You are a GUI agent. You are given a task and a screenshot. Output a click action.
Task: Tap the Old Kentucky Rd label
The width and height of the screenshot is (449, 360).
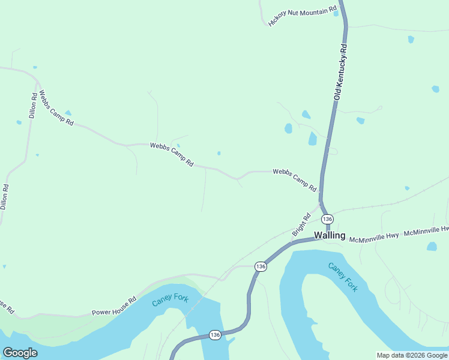(x=341, y=71)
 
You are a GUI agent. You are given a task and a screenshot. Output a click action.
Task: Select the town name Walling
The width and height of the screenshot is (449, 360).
(x=330, y=235)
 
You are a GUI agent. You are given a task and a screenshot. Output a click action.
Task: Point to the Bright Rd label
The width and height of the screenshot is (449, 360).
(x=301, y=224)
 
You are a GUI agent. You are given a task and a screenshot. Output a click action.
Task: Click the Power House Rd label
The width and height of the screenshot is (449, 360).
(x=114, y=305)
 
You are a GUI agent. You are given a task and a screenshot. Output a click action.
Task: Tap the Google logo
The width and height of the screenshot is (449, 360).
(x=20, y=353)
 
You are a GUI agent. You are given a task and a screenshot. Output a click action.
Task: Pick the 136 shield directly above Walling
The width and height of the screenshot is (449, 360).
(x=327, y=219)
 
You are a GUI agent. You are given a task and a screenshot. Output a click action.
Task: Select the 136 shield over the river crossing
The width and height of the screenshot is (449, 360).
(x=215, y=334)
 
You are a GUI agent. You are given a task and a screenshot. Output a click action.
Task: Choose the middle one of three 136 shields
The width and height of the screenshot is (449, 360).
(x=260, y=266)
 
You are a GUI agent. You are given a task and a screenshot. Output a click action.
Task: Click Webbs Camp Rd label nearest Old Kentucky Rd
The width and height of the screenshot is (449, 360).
(x=294, y=179)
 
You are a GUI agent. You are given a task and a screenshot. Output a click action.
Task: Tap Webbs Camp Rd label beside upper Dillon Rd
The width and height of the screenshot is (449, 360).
(x=56, y=108)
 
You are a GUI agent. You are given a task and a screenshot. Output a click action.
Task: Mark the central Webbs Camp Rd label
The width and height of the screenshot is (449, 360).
(x=172, y=154)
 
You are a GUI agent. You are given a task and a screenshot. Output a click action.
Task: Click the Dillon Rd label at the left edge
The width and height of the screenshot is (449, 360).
(x=4, y=196)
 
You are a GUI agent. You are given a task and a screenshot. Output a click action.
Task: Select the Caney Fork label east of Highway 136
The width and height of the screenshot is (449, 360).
(x=343, y=277)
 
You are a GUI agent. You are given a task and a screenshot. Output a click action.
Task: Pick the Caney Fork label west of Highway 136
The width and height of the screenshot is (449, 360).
(x=170, y=301)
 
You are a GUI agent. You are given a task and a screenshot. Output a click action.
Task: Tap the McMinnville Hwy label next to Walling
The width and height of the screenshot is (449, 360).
(x=375, y=237)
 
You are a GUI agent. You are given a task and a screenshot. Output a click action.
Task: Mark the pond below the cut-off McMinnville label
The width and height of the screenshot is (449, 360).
(x=432, y=247)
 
